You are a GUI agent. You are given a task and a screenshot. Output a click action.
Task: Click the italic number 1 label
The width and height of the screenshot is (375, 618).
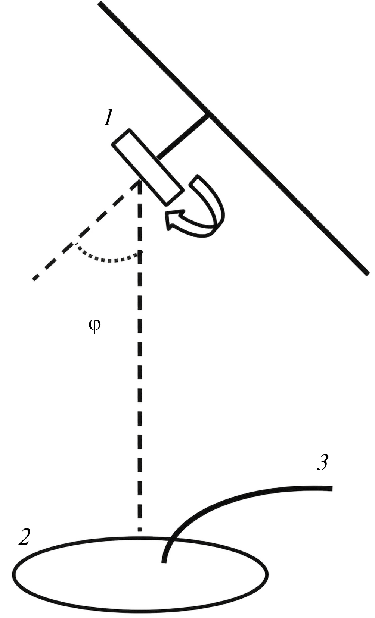pos(108,117)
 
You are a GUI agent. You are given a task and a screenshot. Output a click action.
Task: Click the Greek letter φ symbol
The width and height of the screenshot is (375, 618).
pos(95,326)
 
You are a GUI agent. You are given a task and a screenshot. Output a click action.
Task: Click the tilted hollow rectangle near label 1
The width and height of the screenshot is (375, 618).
pos(147,167)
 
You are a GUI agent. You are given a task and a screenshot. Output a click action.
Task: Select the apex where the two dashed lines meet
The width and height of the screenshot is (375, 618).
pos(140,181)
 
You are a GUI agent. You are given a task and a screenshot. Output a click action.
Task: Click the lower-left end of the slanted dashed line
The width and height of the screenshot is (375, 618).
pos(34,279)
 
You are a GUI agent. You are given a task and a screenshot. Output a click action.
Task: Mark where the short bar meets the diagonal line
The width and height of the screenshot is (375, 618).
pos(207,115)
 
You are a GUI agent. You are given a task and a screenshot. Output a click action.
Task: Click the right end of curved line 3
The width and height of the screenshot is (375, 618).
pos(332,489)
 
